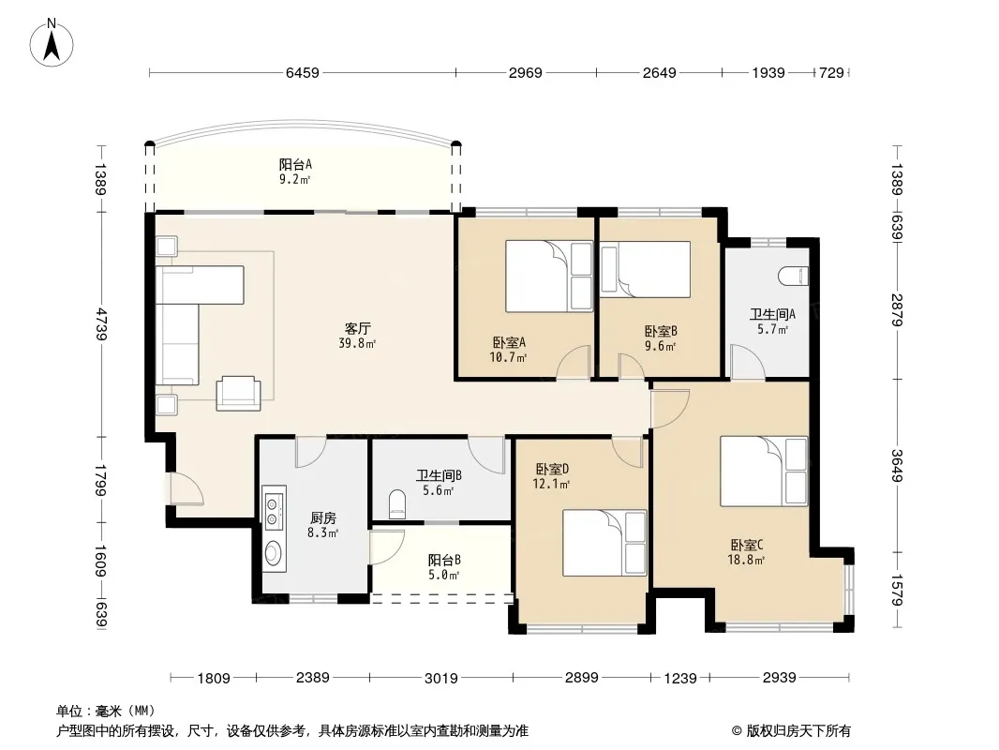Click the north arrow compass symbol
click(52, 42)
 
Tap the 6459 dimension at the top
click(302, 72)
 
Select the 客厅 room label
click(357, 329)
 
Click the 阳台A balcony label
click(295, 164)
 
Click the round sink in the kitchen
click(274, 552)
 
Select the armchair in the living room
click(238, 393)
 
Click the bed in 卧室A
click(549, 276)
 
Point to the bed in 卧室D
click(604, 543)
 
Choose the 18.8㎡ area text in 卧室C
click(746, 561)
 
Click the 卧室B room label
click(661, 331)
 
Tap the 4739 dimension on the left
click(100, 323)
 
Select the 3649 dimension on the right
click(897, 466)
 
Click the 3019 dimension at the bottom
click(440, 678)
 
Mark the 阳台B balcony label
click(444, 560)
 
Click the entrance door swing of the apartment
click(186, 488)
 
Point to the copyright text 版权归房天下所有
click(798, 731)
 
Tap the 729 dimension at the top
click(831, 72)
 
